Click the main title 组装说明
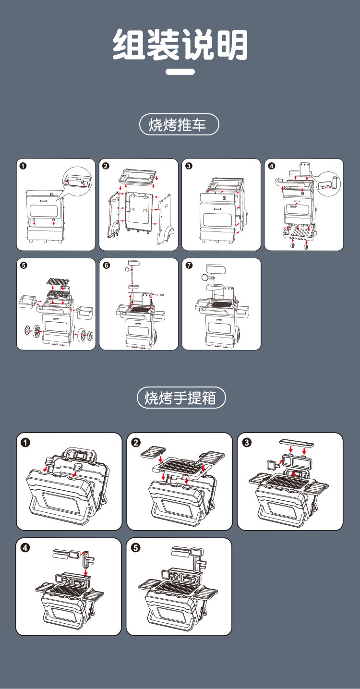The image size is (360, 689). click(180, 45)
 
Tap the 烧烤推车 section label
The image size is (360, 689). click(179, 124)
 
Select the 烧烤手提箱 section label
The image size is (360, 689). click(181, 398)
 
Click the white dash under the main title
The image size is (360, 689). click(180, 72)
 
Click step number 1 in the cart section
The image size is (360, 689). click(23, 166)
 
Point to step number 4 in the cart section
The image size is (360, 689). click(272, 166)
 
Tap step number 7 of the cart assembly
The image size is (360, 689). click(189, 265)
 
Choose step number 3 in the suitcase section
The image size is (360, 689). click(247, 442)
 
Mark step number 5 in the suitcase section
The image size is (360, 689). click(135, 547)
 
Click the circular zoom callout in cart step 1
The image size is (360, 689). click(77, 181)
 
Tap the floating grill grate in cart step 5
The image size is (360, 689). click(58, 281)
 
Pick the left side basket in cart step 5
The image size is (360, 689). click(26, 302)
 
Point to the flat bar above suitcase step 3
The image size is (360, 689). click(297, 443)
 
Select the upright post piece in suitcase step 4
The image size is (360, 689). click(87, 560)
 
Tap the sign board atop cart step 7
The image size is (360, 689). click(216, 270)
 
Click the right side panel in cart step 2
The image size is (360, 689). click(167, 218)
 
